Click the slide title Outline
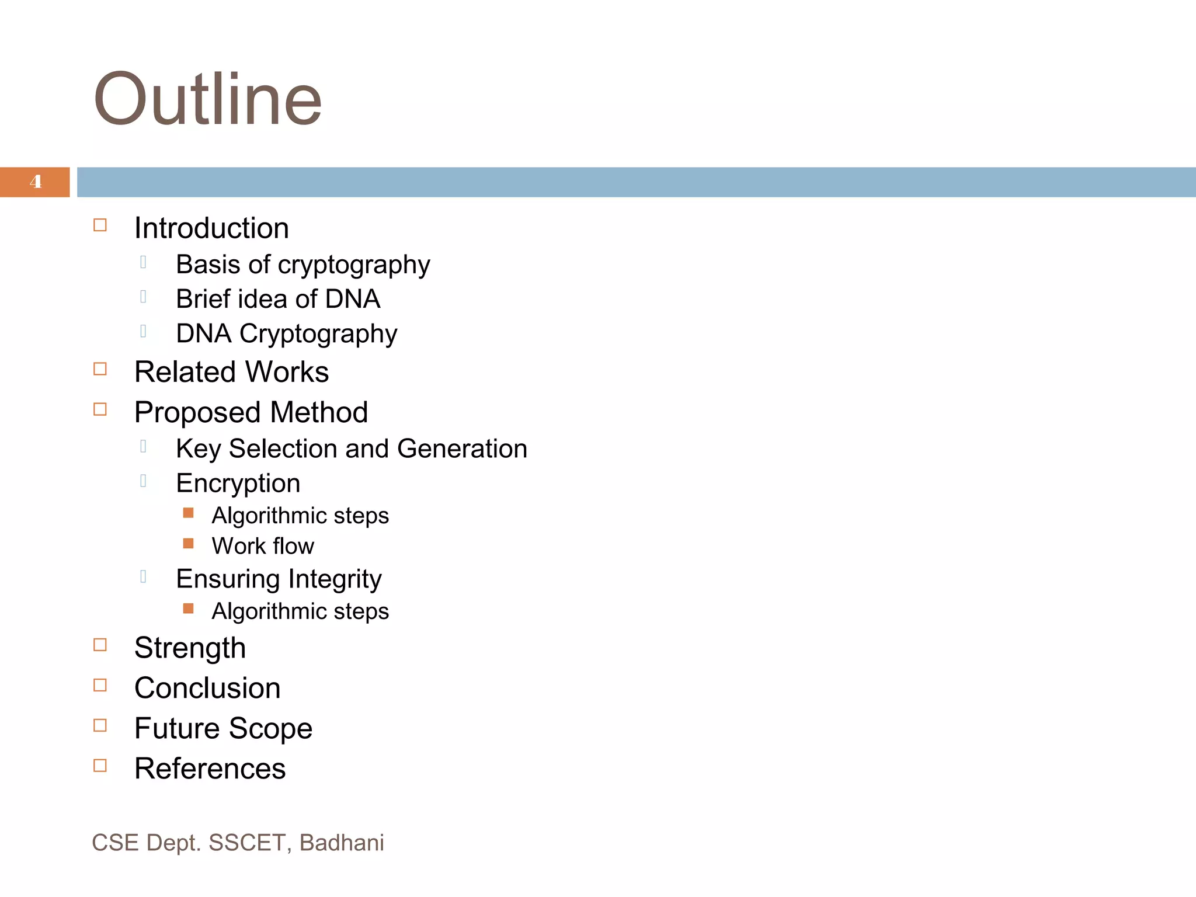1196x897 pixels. pyautogui.click(x=208, y=99)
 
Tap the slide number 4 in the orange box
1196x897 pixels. pyautogui.click(x=36, y=182)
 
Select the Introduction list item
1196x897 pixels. pyautogui.click(x=211, y=228)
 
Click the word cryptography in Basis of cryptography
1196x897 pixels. pyautogui.click(x=354, y=265)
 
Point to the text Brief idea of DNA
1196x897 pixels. pyautogui.click(x=278, y=299)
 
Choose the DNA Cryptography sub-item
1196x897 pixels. pyautogui.click(x=286, y=334)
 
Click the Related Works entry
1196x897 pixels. pyautogui.click(x=231, y=372)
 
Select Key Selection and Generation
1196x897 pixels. pyautogui.click(x=352, y=448)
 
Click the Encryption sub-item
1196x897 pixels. pyautogui.click(x=238, y=483)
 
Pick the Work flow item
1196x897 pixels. pyautogui.click(x=263, y=546)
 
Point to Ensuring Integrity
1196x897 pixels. pyautogui.click(x=279, y=579)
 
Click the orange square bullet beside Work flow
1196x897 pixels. pyautogui.click(x=188, y=544)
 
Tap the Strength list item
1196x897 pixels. pyautogui.click(x=190, y=648)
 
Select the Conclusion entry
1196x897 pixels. pyautogui.click(x=207, y=688)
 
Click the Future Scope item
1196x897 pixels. pyautogui.click(x=223, y=728)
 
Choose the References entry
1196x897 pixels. pyautogui.click(x=210, y=769)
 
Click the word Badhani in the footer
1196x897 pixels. pyautogui.click(x=342, y=843)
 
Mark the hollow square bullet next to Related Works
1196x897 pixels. pyautogui.click(x=100, y=369)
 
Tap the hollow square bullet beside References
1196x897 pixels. pyautogui.click(x=100, y=766)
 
